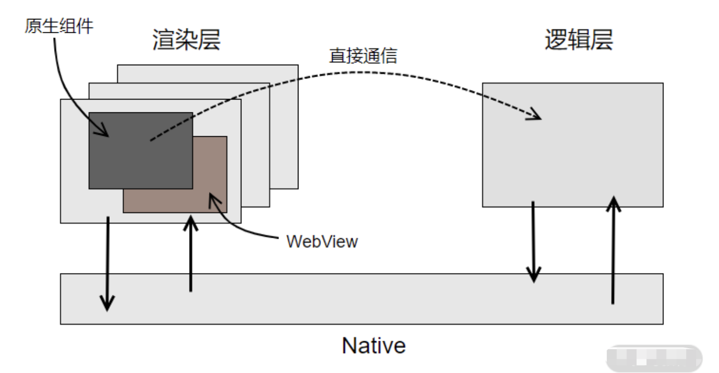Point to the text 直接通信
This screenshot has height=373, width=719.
[363, 56]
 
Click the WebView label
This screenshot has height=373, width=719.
[322, 242]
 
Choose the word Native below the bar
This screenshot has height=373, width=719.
[373, 345]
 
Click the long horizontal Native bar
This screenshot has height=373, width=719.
[361, 299]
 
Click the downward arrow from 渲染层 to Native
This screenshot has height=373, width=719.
[107, 264]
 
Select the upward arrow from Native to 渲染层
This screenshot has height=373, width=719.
[191, 254]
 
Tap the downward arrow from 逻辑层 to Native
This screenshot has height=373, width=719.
[533, 241]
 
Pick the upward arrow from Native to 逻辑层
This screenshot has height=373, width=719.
[614, 249]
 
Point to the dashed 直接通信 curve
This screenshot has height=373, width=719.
[348, 73]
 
